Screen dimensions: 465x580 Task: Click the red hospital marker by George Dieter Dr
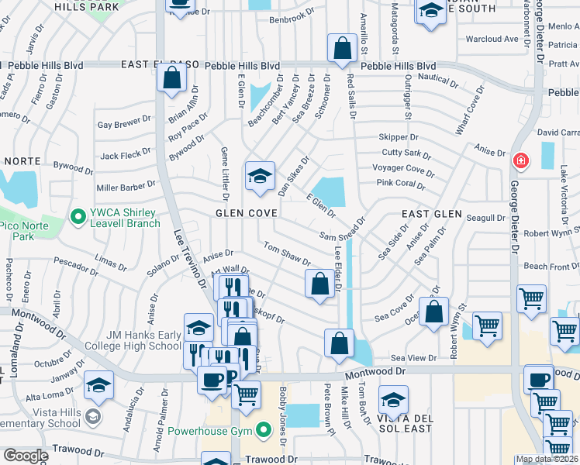(x=520, y=160)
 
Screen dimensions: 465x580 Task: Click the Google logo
(x=26, y=456)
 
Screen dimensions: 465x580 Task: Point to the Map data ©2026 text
(x=546, y=459)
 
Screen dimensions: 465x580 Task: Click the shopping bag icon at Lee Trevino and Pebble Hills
(x=171, y=77)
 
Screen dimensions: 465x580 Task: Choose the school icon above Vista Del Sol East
(x=393, y=400)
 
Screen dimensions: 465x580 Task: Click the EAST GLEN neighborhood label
(x=432, y=213)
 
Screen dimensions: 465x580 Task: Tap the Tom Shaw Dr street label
(x=287, y=255)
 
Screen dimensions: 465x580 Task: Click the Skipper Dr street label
(x=399, y=137)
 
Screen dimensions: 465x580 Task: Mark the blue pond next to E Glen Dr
(x=332, y=190)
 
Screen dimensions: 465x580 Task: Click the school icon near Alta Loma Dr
(x=99, y=384)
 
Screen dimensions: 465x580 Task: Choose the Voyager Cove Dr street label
(x=403, y=169)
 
